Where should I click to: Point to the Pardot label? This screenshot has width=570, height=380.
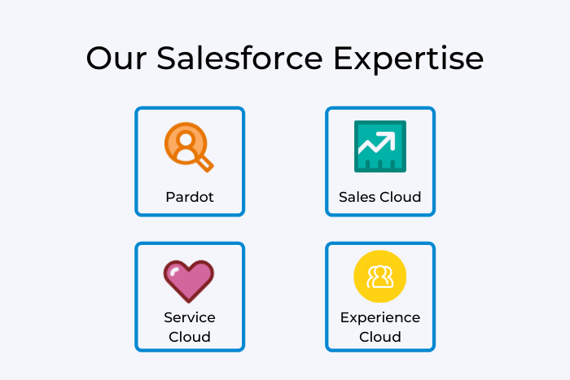point(190,197)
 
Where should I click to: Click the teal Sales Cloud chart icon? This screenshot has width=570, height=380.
point(379,146)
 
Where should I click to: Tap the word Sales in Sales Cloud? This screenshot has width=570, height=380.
point(357,197)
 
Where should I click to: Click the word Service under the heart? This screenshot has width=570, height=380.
point(190,317)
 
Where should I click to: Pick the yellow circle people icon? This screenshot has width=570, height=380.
point(379,277)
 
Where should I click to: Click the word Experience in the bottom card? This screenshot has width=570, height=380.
point(380,317)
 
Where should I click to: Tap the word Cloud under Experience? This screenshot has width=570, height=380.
point(380,336)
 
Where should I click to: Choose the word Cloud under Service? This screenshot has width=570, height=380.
point(190,336)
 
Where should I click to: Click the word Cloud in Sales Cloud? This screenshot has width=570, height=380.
point(400,197)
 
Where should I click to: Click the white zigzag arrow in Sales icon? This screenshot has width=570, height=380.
point(379,146)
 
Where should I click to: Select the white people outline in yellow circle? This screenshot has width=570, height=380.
point(379,277)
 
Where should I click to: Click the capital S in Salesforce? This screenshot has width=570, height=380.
point(169,59)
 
